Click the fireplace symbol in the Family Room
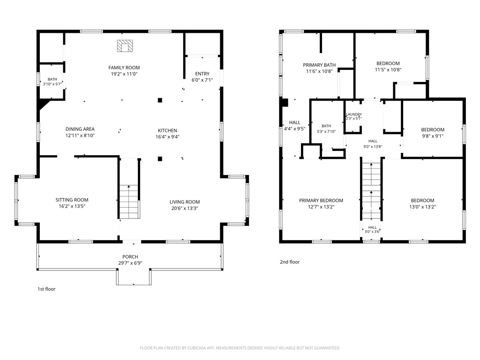(x=125, y=46)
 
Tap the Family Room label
(x=124, y=67)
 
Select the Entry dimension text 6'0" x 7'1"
(x=202, y=80)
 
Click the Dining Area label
(x=80, y=129)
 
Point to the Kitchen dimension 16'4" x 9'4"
(x=167, y=137)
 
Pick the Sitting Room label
(x=72, y=200)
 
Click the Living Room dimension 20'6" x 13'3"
(x=185, y=209)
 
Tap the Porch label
(x=130, y=257)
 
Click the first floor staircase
(x=129, y=202)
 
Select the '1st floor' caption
(x=46, y=289)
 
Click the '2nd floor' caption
(x=290, y=262)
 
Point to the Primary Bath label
(x=319, y=65)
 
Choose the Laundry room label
(x=354, y=114)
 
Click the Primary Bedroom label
(x=321, y=201)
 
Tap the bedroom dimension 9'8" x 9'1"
(x=433, y=136)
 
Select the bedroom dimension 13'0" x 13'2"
(x=422, y=207)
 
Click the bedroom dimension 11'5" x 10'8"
(x=388, y=69)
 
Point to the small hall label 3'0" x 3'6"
(x=372, y=232)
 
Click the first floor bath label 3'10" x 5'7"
(x=52, y=84)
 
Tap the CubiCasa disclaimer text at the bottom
(x=240, y=348)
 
